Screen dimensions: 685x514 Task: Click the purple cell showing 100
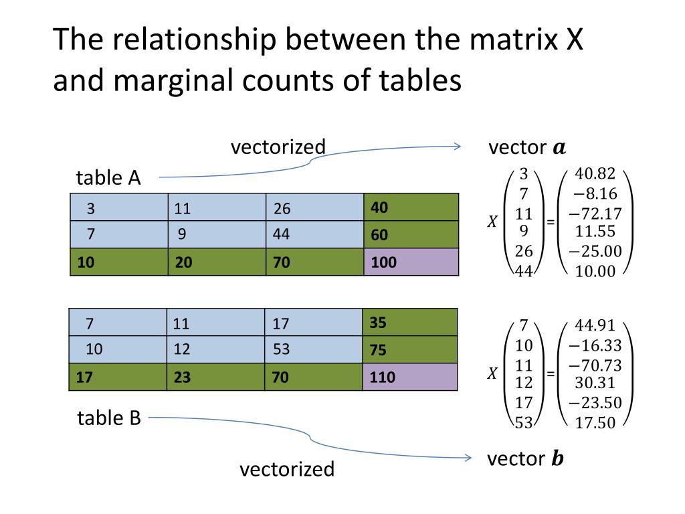point(411,262)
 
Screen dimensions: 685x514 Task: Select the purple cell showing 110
point(411,377)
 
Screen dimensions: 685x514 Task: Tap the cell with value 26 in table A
point(314,207)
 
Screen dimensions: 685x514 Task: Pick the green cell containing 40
point(411,207)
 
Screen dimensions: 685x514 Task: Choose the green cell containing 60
point(411,235)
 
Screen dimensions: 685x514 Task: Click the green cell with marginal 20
point(217,262)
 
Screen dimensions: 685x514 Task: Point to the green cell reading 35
point(411,323)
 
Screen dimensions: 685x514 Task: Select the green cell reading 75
point(411,350)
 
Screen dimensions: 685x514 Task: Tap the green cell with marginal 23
point(216,377)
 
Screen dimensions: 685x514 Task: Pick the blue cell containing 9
point(217,235)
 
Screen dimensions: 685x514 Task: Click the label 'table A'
point(108,178)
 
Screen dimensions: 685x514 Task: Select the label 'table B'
point(109,418)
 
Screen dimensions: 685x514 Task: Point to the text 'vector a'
point(527,148)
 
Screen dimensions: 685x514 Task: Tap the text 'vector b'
point(525,459)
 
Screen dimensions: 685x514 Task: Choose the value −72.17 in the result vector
point(595,214)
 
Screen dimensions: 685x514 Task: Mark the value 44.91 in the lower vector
point(595,326)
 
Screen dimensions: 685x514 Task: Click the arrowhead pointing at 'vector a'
point(458,147)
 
